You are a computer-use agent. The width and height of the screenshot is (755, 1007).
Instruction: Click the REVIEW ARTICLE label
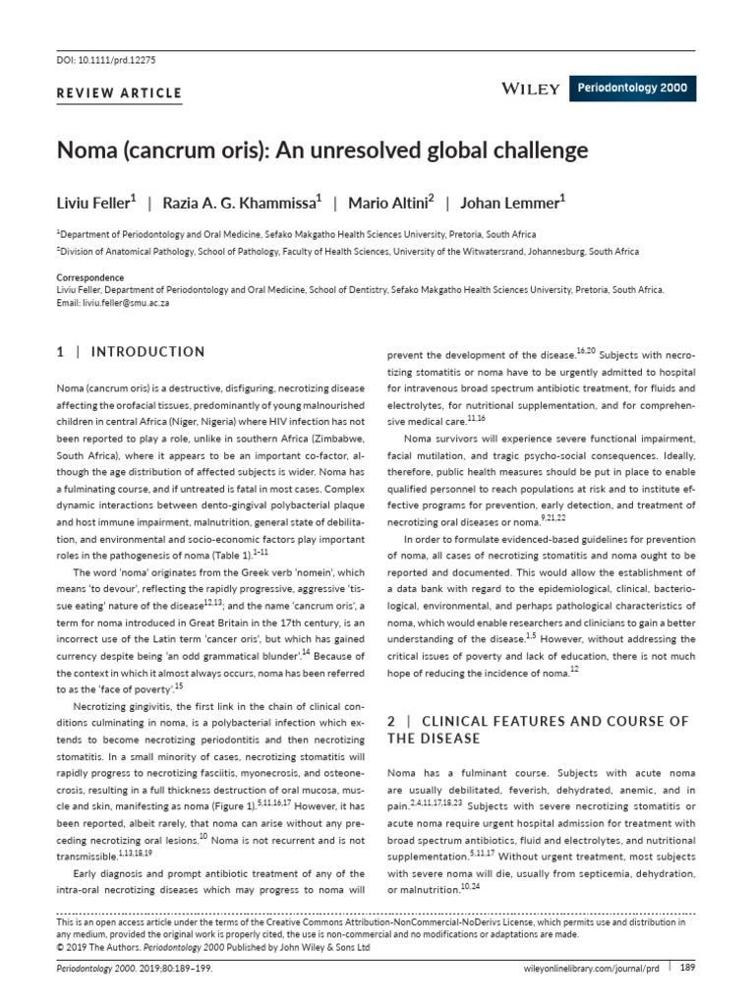[120, 93]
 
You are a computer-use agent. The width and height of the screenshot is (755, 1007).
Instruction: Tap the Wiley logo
[531, 89]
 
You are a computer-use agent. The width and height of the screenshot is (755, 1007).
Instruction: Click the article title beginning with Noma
[322, 150]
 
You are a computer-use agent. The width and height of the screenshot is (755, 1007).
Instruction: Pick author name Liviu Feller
[95, 203]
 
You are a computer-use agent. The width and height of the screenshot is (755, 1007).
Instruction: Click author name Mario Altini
[388, 203]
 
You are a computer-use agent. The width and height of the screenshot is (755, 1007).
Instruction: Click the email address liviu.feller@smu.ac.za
[127, 304]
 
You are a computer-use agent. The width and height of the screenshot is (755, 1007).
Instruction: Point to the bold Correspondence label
[89, 278]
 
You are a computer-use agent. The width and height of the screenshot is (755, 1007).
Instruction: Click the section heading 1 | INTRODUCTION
[131, 352]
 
